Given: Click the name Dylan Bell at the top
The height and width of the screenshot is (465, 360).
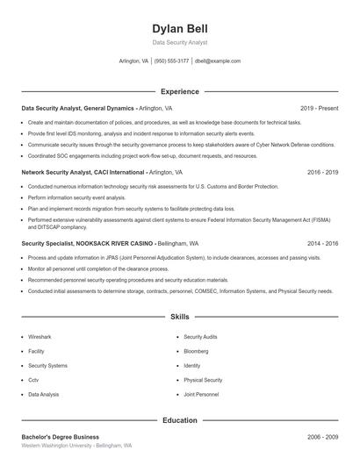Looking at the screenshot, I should coord(179,29).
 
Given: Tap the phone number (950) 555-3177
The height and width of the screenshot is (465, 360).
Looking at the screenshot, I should coord(171,61).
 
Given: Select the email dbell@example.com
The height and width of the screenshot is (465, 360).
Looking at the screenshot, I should coord(218,61).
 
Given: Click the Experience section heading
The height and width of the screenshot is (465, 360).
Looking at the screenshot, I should coord(179,91).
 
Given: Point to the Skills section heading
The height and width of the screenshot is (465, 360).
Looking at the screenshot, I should coord(179,317).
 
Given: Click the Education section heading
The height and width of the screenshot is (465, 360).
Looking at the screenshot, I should coord(179,420).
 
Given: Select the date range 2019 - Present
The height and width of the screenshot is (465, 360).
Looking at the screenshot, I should coord(319,108).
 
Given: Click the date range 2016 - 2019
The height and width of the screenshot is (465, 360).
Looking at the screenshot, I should coord(323,173).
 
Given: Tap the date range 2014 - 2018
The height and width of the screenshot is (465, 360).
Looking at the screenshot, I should coord(323,243).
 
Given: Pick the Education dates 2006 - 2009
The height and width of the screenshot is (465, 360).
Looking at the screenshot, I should coord(323,437).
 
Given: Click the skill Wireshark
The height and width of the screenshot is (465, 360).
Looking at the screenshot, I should coord(40,337).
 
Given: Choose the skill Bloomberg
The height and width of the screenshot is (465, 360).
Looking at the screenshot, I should coord(197,351).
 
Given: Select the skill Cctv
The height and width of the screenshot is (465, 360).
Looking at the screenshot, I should coord(33,380).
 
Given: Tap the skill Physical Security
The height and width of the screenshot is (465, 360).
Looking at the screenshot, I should coord(203,380).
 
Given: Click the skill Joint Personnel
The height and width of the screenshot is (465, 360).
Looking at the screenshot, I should coord(201,395).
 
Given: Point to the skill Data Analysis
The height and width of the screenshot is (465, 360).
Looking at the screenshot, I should coord(44,395).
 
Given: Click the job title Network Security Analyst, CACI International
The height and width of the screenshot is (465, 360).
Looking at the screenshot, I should coord(83,173).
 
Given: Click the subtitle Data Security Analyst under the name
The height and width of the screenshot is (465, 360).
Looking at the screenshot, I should coord(179,42).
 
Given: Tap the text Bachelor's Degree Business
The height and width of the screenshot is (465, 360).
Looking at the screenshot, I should coord(61,437).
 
